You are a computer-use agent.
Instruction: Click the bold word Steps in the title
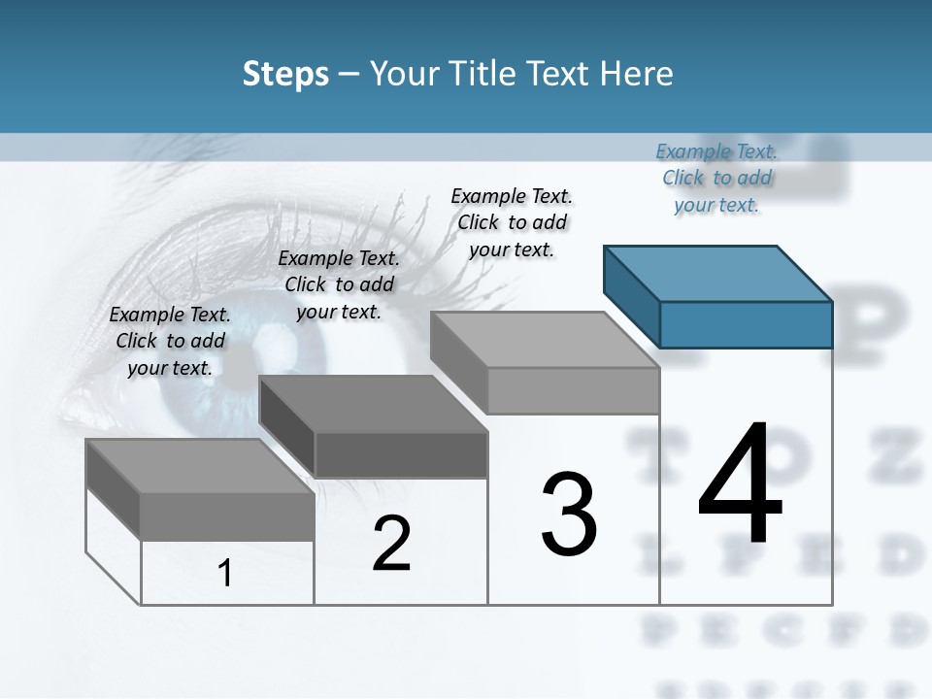[285, 74]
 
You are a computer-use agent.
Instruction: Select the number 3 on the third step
[568, 515]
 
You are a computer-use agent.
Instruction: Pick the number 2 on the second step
[391, 544]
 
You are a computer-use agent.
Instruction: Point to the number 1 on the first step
[225, 574]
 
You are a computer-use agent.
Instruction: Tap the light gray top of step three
[544, 340]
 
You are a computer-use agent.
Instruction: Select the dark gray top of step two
[373, 404]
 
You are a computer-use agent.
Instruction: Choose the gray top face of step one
[200, 466]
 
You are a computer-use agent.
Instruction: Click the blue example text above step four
[717, 178]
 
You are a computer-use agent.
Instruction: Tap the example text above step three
[512, 222]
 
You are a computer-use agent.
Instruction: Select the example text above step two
[339, 284]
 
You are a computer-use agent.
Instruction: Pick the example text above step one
[170, 341]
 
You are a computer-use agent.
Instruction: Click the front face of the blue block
[746, 324]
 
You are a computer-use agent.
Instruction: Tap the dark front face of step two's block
[401, 454]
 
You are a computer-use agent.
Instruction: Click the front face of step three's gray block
[573, 390]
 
